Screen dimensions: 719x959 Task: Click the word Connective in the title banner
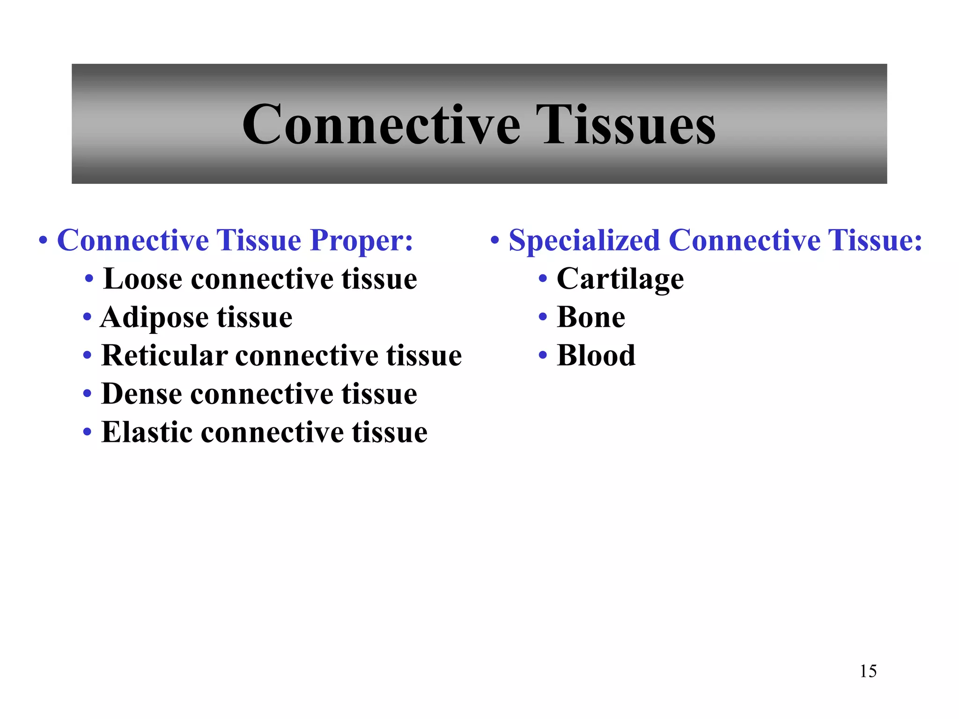pyautogui.click(x=381, y=125)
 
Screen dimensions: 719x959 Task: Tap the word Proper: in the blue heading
pyautogui.click(x=361, y=240)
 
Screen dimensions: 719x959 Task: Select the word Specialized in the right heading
pyautogui.click(x=584, y=240)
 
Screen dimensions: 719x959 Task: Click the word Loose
pyautogui.click(x=142, y=279)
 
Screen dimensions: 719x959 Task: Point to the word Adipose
pyautogui.click(x=154, y=318)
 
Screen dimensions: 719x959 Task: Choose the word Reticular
pyautogui.click(x=164, y=355)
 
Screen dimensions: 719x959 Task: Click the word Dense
pyautogui.click(x=141, y=394)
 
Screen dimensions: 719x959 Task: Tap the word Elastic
pyautogui.click(x=147, y=432)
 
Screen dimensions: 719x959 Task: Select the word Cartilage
pyautogui.click(x=620, y=279)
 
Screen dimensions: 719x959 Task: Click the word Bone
pyautogui.click(x=591, y=317)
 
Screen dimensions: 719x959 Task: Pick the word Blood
pyautogui.click(x=596, y=355)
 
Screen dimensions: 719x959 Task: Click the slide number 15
pyautogui.click(x=868, y=671)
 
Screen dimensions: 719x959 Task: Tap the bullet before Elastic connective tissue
pyautogui.click(x=87, y=432)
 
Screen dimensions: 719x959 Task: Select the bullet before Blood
pyautogui.click(x=543, y=355)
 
